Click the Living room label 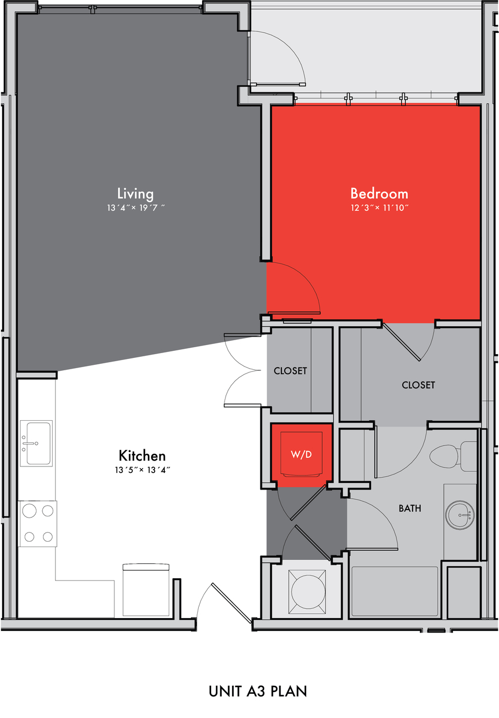click(135, 193)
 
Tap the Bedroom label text click(379, 193)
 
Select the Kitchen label click(142, 456)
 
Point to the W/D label click(301, 454)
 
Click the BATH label click(410, 508)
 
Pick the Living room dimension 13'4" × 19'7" click(136, 207)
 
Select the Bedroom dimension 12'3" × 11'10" click(380, 207)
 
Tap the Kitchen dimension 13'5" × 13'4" click(142, 470)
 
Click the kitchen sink click(36, 443)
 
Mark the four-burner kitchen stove click(38, 523)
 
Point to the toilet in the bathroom click(453, 456)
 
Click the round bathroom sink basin click(460, 515)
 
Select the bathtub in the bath click(395, 591)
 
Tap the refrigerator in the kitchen click(146, 590)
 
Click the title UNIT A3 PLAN click(258, 691)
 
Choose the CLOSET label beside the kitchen click(290, 371)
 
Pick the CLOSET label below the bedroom click(418, 385)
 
